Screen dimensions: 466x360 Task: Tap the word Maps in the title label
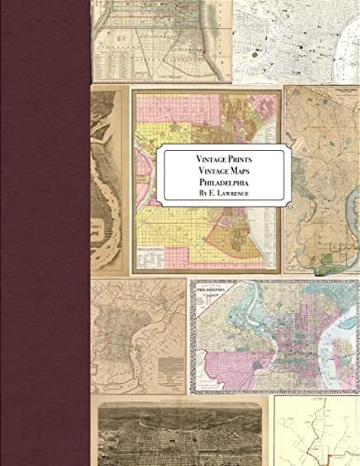pos(239,171)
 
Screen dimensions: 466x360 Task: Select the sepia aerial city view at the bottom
pos(180,435)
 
